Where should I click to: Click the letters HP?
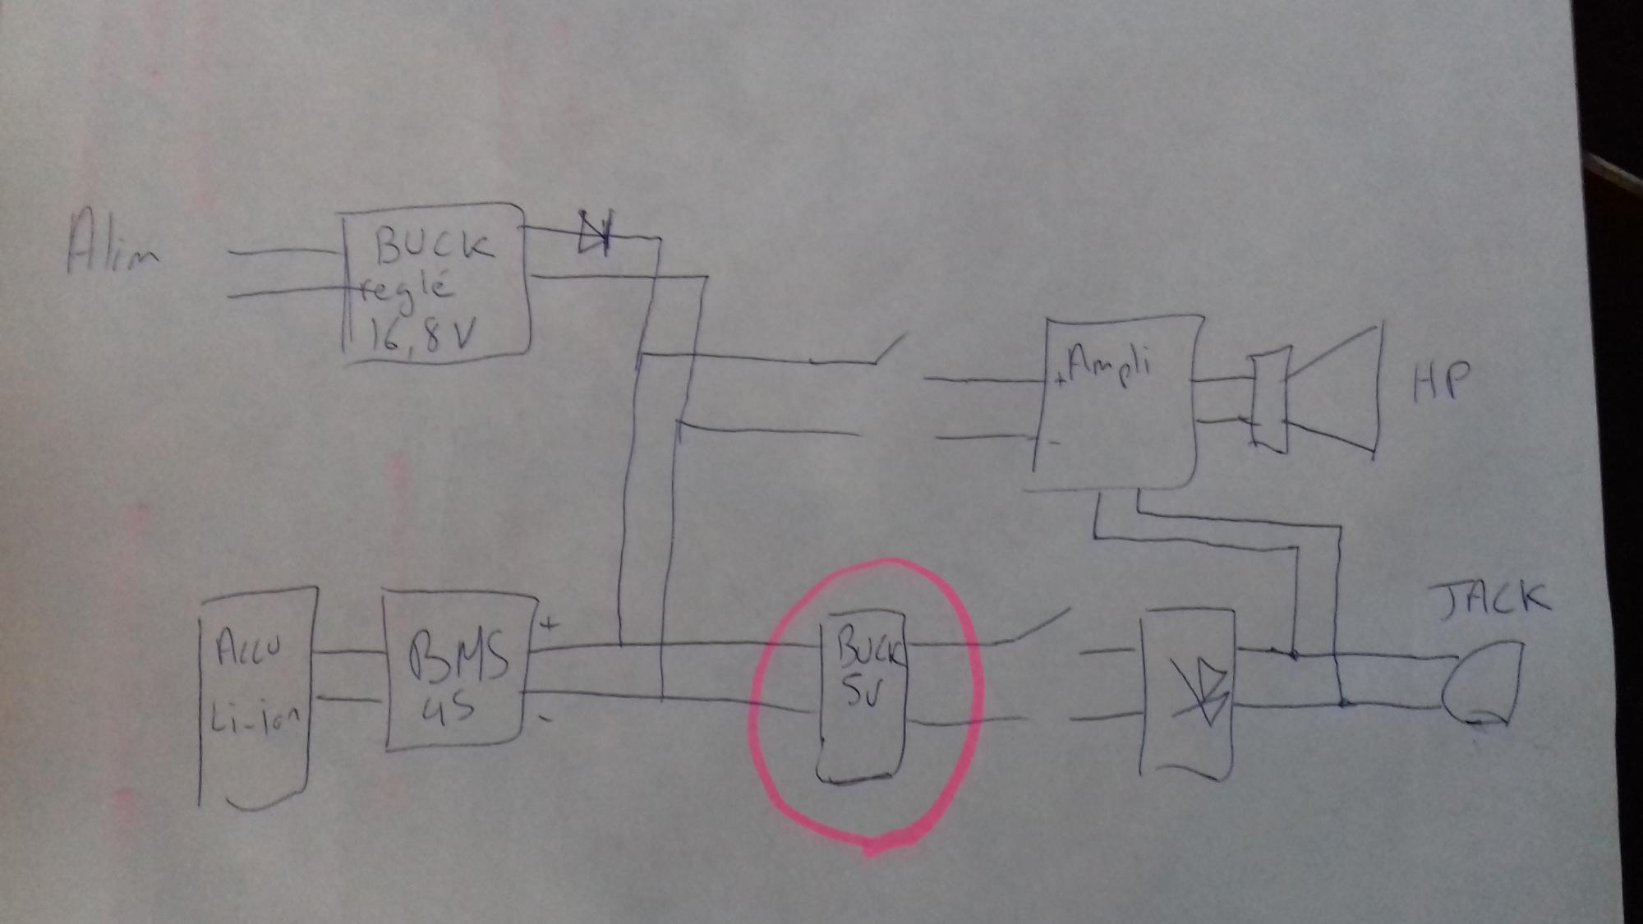coord(1441,383)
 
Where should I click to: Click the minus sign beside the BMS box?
coord(545,719)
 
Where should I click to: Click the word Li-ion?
coord(254,723)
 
